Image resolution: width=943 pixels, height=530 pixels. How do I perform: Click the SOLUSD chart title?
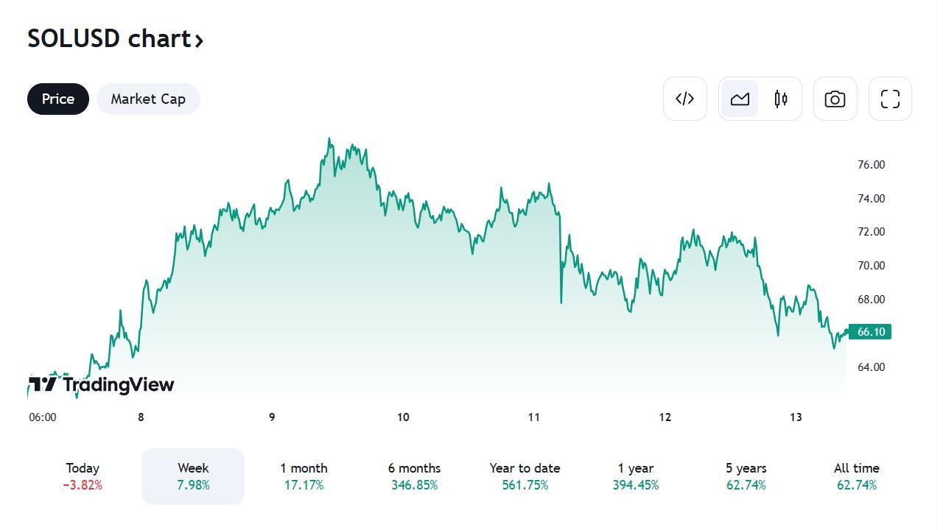click(x=115, y=39)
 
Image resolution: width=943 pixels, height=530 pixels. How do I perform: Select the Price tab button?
click(x=58, y=99)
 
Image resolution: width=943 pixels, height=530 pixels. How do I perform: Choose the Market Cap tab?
click(x=148, y=99)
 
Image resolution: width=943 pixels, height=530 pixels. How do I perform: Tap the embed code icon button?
click(x=685, y=99)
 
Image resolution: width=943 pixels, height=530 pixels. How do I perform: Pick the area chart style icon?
click(x=740, y=99)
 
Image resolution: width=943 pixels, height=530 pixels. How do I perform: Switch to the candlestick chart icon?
click(x=781, y=99)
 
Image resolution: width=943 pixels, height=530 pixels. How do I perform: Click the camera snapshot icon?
click(x=835, y=99)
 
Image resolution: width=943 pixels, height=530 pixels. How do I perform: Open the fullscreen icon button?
click(x=890, y=99)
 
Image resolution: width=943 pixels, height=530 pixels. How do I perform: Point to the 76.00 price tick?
click(x=871, y=165)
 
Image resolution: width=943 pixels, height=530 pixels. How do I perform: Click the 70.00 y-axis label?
click(x=871, y=266)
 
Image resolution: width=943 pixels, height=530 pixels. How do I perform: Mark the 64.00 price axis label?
click(x=871, y=367)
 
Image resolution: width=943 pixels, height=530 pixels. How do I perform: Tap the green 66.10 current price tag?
click(x=870, y=332)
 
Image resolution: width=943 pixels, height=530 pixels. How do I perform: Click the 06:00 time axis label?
click(x=43, y=417)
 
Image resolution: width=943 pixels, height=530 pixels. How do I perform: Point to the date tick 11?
click(x=534, y=417)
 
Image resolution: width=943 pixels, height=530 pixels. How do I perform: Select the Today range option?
click(x=83, y=476)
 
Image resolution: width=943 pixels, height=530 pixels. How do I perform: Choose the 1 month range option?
click(x=304, y=476)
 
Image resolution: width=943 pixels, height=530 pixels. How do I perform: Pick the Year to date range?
click(x=525, y=476)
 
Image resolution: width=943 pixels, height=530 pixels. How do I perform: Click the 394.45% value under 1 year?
click(x=635, y=485)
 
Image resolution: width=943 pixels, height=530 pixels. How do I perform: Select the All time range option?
click(x=856, y=476)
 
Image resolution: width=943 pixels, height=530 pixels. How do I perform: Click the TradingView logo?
click(x=101, y=384)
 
